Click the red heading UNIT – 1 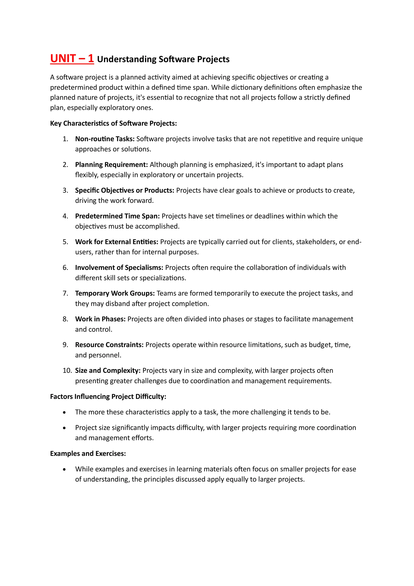[72, 59]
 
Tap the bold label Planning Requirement [111, 165]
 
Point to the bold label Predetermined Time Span [117, 216]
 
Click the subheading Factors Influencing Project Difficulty [108, 397]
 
